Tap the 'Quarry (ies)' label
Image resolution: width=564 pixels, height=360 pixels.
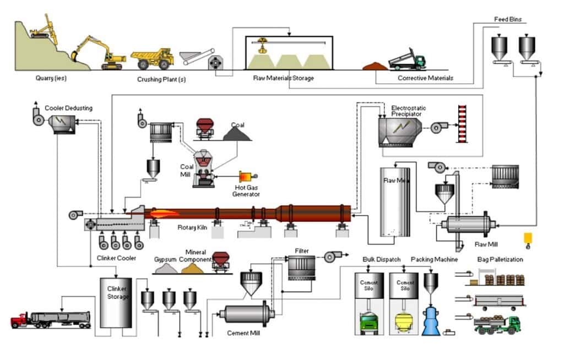tap(51, 78)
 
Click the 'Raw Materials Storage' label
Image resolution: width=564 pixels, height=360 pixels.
tap(284, 78)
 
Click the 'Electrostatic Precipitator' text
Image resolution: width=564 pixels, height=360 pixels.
tap(409, 111)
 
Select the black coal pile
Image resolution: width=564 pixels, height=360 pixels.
tap(237, 134)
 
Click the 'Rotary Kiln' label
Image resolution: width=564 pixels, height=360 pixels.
tap(192, 227)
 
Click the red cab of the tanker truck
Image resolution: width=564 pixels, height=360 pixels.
tap(20, 319)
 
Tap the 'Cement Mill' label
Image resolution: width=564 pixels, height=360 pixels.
tap(243, 334)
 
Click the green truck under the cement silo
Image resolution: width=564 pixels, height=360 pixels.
tap(369, 323)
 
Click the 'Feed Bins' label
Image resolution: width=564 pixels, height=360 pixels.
tap(507, 19)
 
